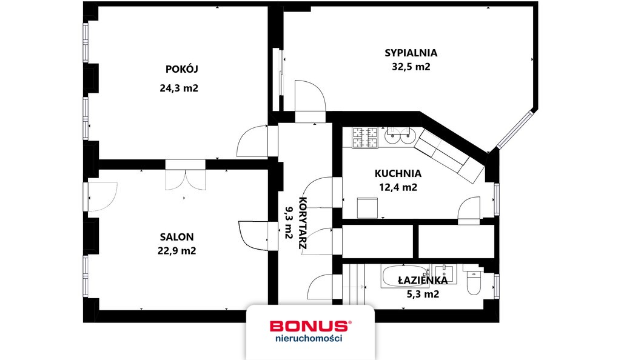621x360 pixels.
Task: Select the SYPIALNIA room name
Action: click(x=411, y=53)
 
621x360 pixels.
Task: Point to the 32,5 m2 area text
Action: click(x=411, y=67)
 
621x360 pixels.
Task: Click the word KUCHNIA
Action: click(x=397, y=173)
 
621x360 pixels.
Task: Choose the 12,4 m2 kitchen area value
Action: click(x=397, y=187)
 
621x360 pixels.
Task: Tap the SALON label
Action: click(x=177, y=236)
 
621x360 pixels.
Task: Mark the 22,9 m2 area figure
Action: click(x=177, y=250)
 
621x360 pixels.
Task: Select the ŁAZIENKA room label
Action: click(x=423, y=280)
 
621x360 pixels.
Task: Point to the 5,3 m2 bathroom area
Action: click(x=423, y=294)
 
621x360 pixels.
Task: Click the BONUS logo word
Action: click(x=309, y=327)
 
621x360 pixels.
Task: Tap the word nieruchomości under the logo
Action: click(x=309, y=339)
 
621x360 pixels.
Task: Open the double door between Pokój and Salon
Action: click(x=186, y=178)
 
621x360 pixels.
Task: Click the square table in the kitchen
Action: click(x=368, y=207)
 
